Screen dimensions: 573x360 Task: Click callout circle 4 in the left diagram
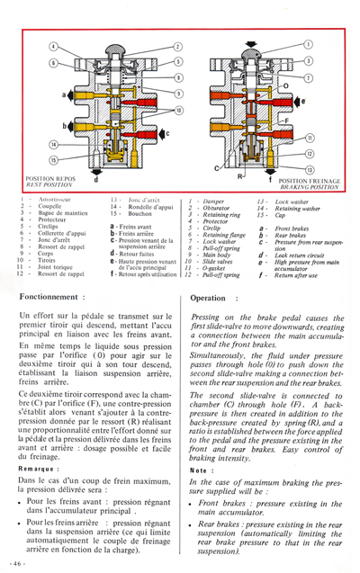tap(54, 46)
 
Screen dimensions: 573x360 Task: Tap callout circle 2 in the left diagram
tap(178, 46)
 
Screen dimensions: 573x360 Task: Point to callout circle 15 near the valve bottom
tap(53, 160)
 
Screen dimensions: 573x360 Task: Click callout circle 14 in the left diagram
tap(53, 144)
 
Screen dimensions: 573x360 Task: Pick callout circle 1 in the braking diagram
tap(308, 42)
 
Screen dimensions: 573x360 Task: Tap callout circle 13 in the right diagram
tap(310, 167)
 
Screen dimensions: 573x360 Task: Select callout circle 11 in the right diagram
tap(310, 138)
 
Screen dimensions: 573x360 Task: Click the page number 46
tap(17, 562)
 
